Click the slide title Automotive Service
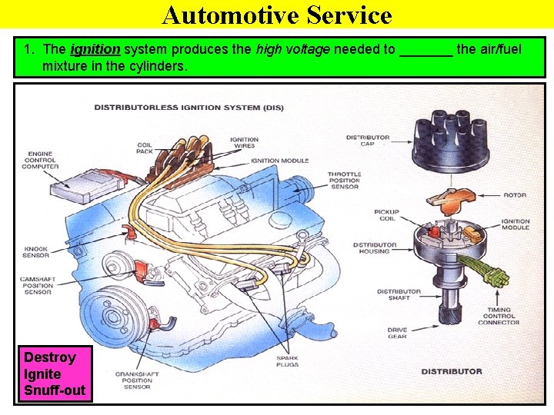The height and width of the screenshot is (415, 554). [277, 15]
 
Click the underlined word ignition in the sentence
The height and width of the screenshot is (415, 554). [95, 50]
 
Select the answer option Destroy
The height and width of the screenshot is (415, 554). [49, 357]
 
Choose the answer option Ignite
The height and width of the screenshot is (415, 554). [42, 374]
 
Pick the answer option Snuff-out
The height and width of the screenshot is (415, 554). [55, 390]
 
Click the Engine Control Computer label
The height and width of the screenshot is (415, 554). [40, 160]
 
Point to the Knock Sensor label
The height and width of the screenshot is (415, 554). [36, 251]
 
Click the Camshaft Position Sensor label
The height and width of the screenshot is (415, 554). [38, 286]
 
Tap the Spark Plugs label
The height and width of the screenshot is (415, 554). [287, 361]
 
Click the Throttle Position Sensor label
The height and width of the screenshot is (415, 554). [344, 180]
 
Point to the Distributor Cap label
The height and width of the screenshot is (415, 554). [368, 140]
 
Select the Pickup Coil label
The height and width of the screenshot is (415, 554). [385, 214]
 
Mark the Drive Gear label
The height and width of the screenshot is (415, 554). [397, 332]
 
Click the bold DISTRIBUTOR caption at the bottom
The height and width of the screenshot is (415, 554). [452, 371]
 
